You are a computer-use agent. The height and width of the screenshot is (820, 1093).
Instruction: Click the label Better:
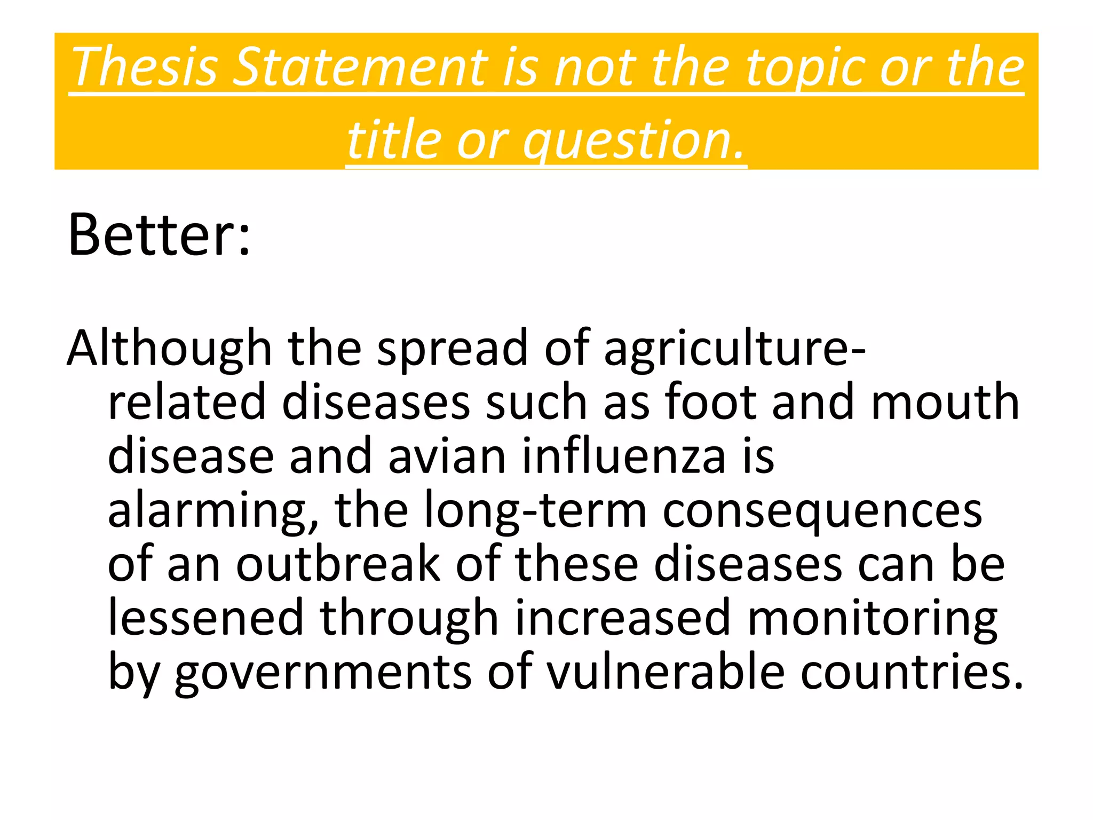coord(159,235)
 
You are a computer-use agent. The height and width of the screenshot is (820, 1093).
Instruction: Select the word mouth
coord(945,402)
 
